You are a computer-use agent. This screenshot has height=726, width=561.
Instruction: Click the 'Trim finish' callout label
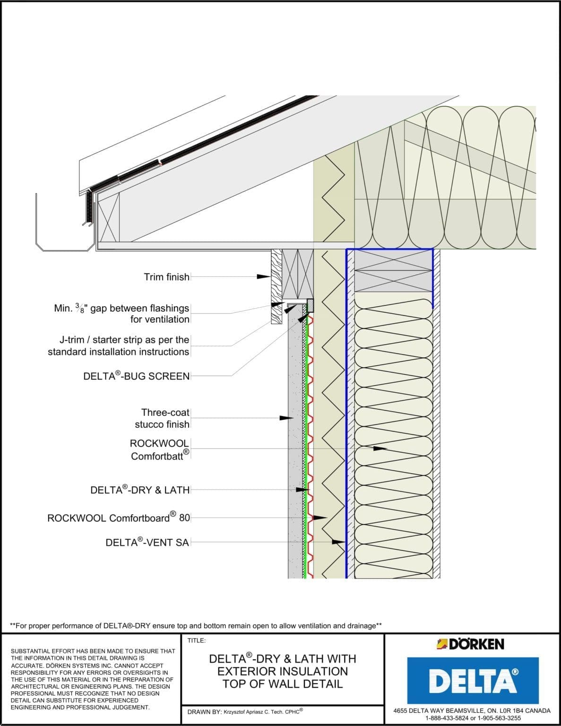point(166,277)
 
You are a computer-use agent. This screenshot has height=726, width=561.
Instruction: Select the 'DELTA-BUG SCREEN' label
point(136,376)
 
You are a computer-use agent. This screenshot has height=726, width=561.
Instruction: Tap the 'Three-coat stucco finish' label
point(162,418)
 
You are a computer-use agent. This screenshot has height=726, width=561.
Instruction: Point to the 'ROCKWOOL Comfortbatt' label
point(159,449)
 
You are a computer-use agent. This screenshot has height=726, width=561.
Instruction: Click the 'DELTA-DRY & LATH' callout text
point(140,490)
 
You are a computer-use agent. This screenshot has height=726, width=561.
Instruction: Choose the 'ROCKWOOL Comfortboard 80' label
point(119,518)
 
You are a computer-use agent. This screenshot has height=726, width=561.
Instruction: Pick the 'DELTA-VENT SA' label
point(147,543)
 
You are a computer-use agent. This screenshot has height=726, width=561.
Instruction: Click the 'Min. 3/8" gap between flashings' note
point(121,313)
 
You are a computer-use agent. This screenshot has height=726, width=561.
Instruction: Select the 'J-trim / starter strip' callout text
point(118,346)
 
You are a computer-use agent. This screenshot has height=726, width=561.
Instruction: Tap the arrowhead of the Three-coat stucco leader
point(287,418)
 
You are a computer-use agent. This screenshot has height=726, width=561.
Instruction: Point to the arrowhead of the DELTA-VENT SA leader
point(339,542)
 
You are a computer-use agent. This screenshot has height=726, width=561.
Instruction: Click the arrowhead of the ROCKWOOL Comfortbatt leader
point(380,448)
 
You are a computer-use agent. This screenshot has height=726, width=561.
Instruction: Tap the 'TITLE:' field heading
point(197,640)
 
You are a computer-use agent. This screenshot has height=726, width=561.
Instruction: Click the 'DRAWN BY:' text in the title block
point(202,711)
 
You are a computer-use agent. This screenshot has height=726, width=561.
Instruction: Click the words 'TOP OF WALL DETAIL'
point(282,684)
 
